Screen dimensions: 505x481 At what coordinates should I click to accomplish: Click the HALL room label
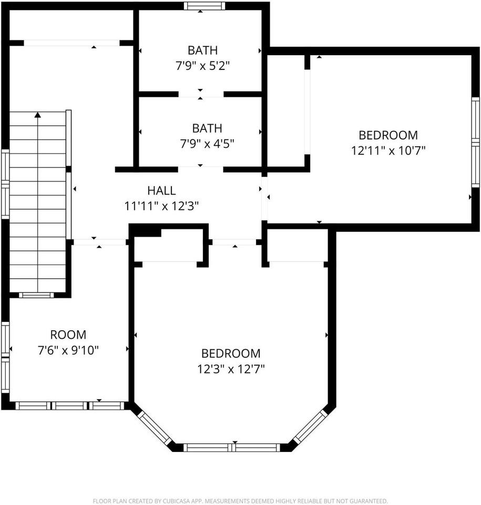[x=161, y=191]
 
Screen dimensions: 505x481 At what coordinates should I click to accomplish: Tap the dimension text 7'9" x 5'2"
[x=202, y=66]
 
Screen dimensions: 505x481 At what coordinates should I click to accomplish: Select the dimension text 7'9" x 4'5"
[x=206, y=144]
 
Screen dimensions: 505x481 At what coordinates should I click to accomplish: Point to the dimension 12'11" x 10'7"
[x=388, y=150]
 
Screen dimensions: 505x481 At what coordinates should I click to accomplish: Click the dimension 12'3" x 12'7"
[x=231, y=369]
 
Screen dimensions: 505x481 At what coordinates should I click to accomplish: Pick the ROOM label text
[x=68, y=335]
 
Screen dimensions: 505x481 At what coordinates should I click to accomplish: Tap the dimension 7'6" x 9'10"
[x=68, y=350]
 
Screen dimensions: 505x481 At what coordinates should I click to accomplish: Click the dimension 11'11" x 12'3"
[x=161, y=206]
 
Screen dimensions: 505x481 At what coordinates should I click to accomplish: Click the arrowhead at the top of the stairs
[x=37, y=114]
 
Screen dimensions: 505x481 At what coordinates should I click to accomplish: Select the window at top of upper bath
[x=204, y=6]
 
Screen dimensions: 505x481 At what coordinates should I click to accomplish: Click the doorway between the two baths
[x=201, y=94]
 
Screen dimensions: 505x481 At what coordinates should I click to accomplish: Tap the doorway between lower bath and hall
[x=201, y=169]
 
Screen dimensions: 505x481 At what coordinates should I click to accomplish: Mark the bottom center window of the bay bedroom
[x=231, y=448]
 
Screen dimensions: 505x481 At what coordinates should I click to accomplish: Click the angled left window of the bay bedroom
[x=154, y=427]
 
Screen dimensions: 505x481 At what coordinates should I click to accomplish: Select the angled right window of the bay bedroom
[x=310, y=427]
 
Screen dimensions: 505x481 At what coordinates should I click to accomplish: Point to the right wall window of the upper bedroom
[x=475, y=142]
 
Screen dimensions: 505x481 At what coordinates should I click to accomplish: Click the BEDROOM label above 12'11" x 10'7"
[x=388, y=135]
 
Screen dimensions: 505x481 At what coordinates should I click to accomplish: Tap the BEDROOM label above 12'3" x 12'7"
[x=231, y=353]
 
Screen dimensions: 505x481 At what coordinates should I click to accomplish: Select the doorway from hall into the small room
[x=99, y=242]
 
